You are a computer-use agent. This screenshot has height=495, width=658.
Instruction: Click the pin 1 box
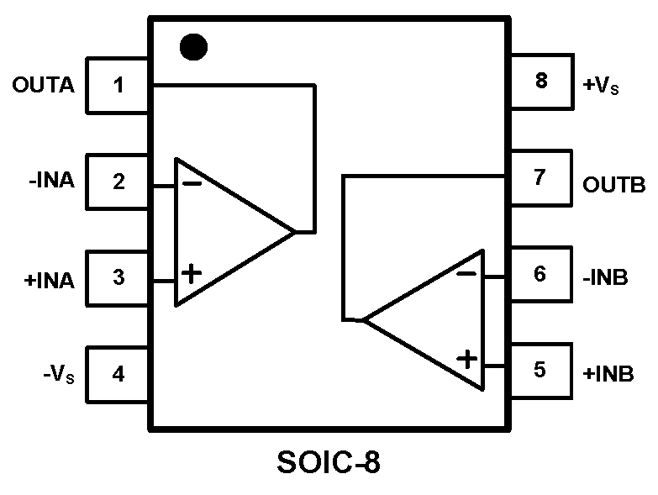[118, 85]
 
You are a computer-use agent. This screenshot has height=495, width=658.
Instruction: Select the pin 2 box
[118, 181]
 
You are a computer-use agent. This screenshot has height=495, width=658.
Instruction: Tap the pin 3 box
[118, 276]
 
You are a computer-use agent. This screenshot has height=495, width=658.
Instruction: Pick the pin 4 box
[118, 373]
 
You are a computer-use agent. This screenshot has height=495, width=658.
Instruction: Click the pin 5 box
[540, 369]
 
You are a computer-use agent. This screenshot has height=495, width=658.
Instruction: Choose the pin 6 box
[540, 274]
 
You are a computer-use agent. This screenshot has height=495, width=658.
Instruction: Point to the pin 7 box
[540, 177]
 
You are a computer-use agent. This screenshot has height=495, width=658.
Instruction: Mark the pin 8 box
[540, 82]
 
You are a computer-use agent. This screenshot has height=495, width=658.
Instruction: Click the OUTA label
[44, 85]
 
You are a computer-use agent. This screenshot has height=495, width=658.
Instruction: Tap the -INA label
[50, 181]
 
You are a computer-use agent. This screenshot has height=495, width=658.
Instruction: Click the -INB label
[604, 276]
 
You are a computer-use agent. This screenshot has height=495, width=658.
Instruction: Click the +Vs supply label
[601, 85]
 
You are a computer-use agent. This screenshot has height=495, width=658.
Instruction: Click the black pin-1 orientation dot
[193, 47]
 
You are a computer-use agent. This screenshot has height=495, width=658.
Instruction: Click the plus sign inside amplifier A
[192, 272]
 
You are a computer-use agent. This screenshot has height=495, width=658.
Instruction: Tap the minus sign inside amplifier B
[467, 273]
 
